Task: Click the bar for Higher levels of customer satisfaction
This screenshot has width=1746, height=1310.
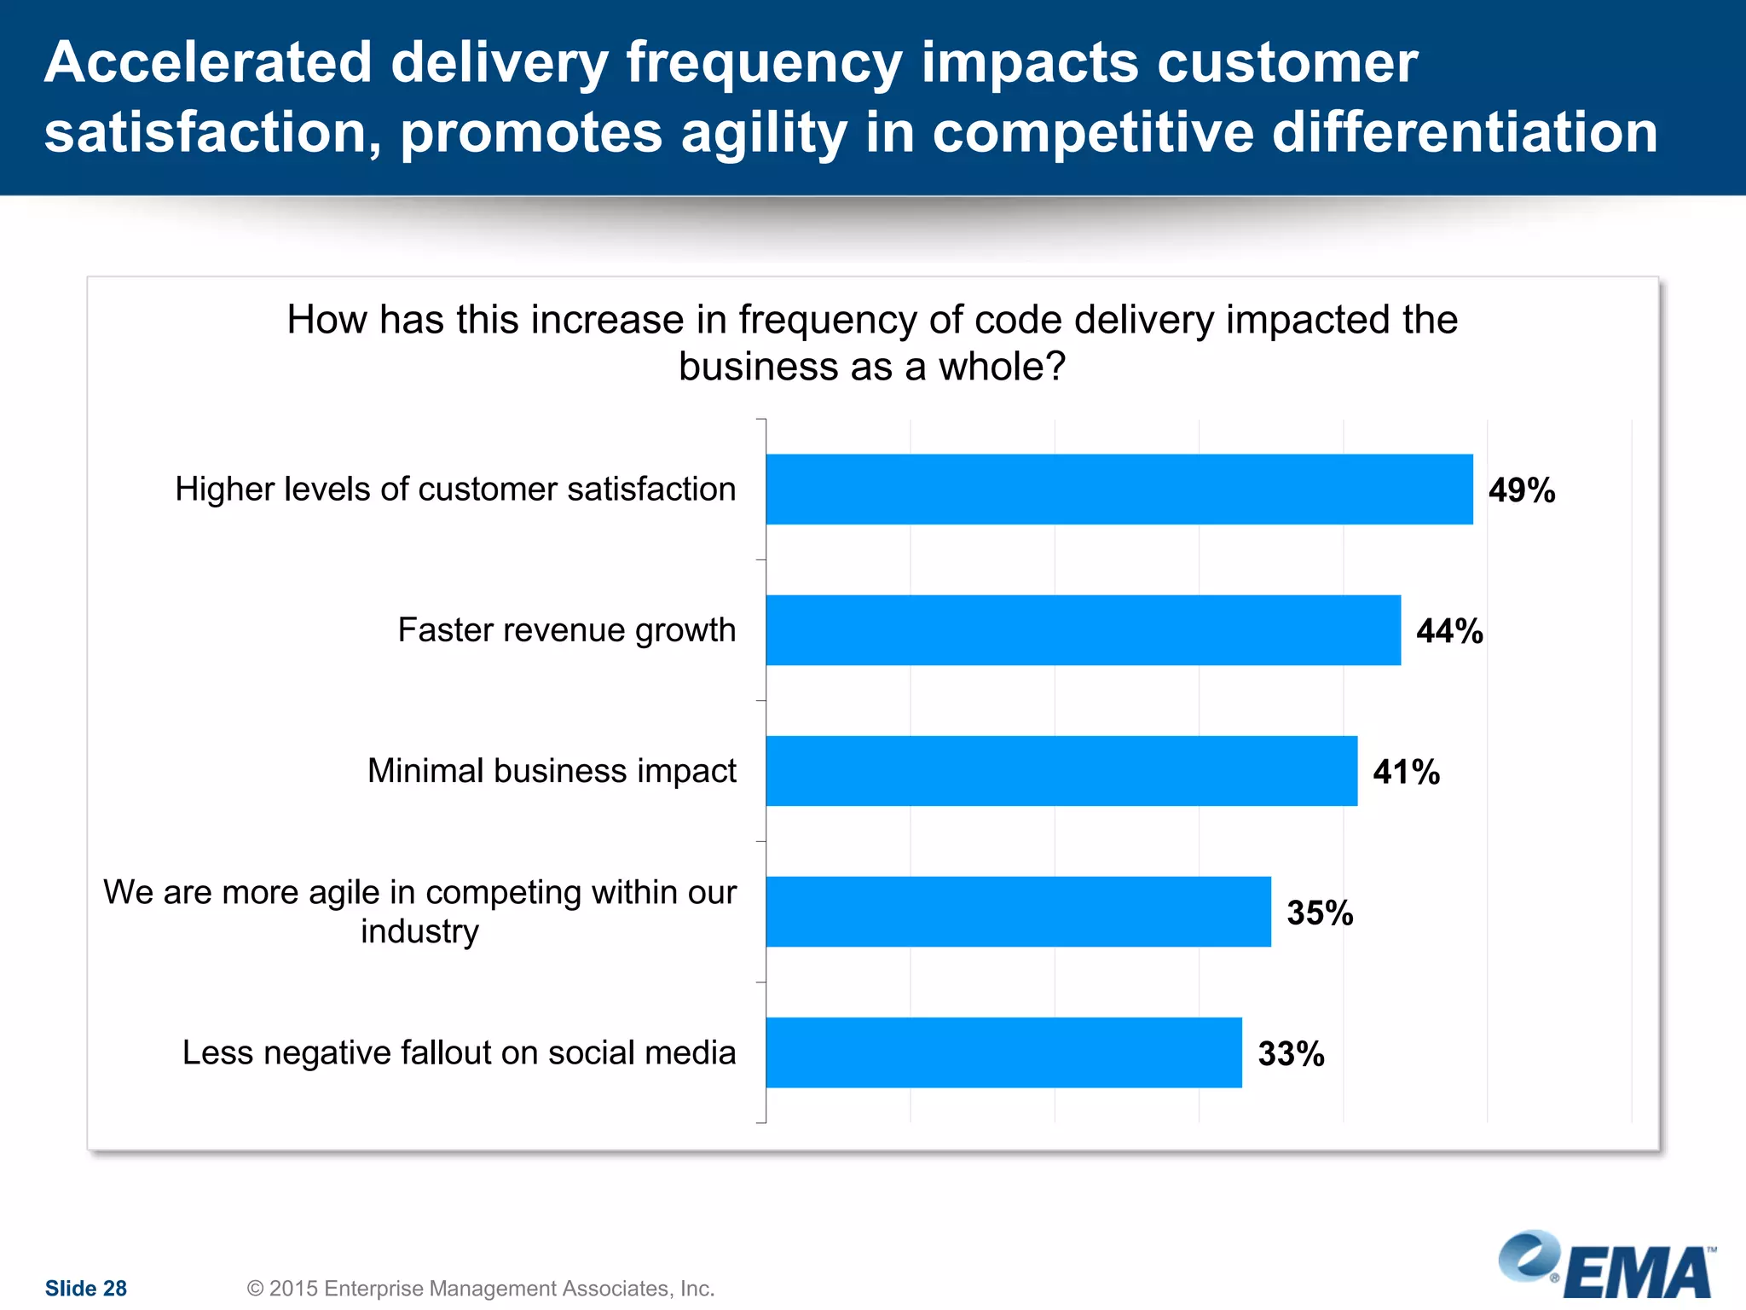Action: coord(1119,489)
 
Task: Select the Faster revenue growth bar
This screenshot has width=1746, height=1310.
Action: coord(1083,630)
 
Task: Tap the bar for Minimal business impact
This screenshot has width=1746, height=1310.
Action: coord(1061,771)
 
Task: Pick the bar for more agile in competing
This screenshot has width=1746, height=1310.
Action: coord(1018,912)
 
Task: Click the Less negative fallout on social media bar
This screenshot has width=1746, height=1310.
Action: coord(1003,1052)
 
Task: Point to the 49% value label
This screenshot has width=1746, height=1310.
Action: coord(1522,490)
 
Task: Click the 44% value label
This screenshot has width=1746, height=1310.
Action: coord(1449,631)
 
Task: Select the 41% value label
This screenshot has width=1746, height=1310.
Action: coord(1406,772)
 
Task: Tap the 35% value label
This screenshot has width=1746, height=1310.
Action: coord(1320,913)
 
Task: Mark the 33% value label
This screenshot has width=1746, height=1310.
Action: coord(1291,1054)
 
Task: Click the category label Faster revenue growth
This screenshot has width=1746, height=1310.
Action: coord(566,630)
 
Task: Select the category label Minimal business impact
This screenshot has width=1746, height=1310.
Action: coord(552,771)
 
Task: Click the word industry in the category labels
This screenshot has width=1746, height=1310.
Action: coord(419,931)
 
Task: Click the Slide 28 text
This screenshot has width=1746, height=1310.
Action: coord(85,1288)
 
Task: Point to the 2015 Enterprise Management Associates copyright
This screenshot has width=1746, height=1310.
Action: coord(480,1288)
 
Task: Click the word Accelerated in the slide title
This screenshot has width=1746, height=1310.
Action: coord(209,63)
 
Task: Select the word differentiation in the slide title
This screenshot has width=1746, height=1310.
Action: coord(1464,133)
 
